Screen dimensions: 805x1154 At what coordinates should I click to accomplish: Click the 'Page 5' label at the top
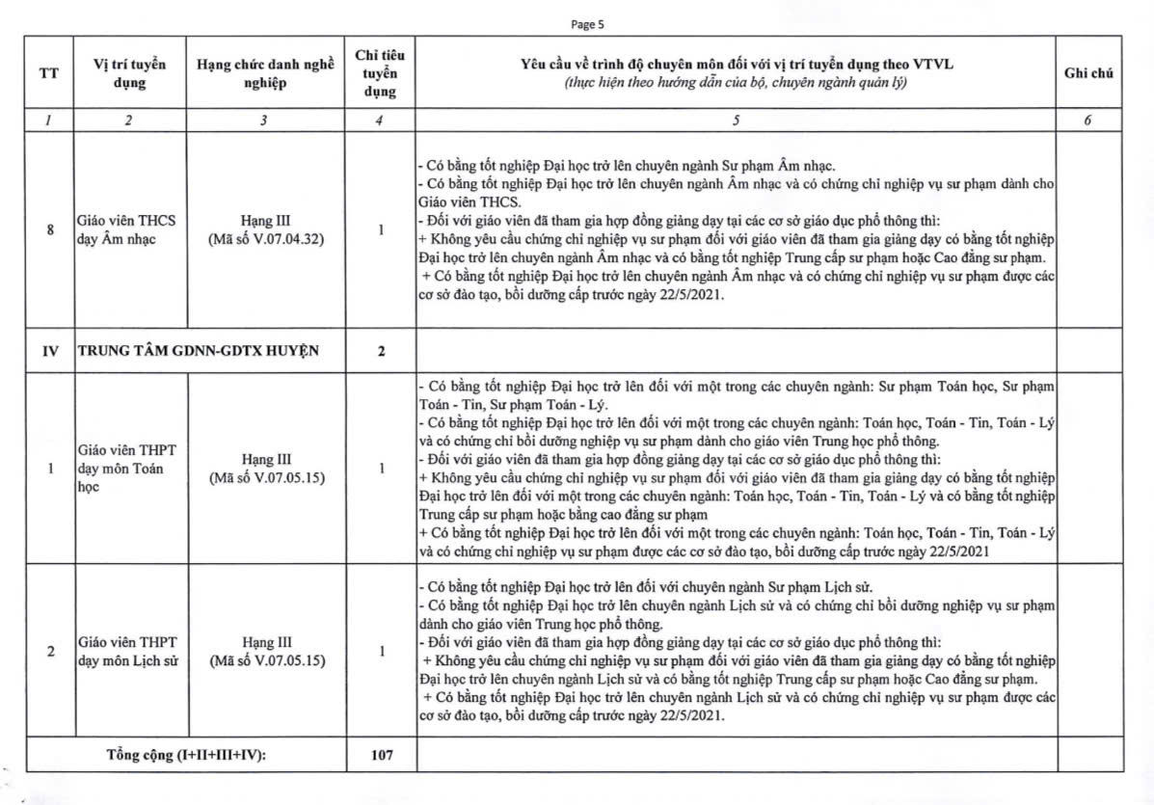pos(587,25)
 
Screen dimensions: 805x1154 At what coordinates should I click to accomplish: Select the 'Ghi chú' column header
pos(1088,73)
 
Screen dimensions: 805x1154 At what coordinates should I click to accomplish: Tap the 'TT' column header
pos(48,74)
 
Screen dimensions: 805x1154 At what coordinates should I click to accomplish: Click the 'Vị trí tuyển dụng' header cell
pos(129,74)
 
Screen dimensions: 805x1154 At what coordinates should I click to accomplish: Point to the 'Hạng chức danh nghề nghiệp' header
pos(264,74)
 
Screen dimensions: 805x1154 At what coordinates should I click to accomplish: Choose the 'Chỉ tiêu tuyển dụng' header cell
pos(380,74)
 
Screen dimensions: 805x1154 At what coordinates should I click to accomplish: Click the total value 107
pos(381,755)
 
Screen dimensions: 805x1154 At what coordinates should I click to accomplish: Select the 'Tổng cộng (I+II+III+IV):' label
pos(186,755)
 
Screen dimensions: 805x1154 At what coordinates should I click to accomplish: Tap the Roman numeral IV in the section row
pos(49,351)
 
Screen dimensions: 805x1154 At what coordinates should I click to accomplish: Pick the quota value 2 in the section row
pos(381,351)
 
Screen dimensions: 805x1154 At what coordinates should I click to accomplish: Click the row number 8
pos(49,230)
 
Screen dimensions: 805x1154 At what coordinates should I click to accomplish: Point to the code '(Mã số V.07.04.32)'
pos(264,239)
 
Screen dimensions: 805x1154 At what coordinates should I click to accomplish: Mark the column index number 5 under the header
pos(736,121)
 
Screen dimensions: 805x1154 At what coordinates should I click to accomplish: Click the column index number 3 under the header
pos(264,121)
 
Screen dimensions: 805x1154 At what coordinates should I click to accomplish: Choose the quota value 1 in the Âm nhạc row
pos(381,230)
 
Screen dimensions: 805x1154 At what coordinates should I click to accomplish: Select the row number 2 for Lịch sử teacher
pos(49,652)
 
